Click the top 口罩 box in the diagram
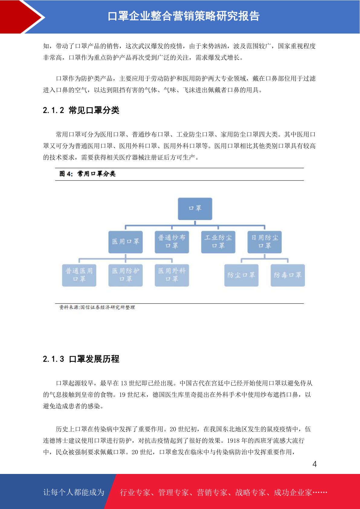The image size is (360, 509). (x=195, y=209)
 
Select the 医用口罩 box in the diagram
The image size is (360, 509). (x=125, y=242)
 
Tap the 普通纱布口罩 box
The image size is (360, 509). (x=172, y=242)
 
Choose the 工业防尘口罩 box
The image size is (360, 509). (x=218, y=242)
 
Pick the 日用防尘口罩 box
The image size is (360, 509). (x=264, y=242)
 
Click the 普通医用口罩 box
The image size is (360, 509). (x=79, y=275)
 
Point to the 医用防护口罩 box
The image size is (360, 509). (x=125, y=275)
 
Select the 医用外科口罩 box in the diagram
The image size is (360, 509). (x=172, y=275)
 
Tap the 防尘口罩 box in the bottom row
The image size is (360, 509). (x=242, y=275)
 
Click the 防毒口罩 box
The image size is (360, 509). (x=288, y=275)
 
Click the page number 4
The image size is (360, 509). (x=315, y=464)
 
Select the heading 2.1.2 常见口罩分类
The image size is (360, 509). (x=81, y=110)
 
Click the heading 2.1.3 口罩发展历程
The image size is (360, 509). (x=81, y=359)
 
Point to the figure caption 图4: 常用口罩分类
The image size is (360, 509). (x=87, y=174)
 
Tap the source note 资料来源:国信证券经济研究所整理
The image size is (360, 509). (x=97, y=307)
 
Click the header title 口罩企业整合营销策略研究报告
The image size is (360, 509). (x=184, y=16)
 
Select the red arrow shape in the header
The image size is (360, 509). (x=21, y=17)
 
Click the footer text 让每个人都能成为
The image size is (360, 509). (x=74, y=492)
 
